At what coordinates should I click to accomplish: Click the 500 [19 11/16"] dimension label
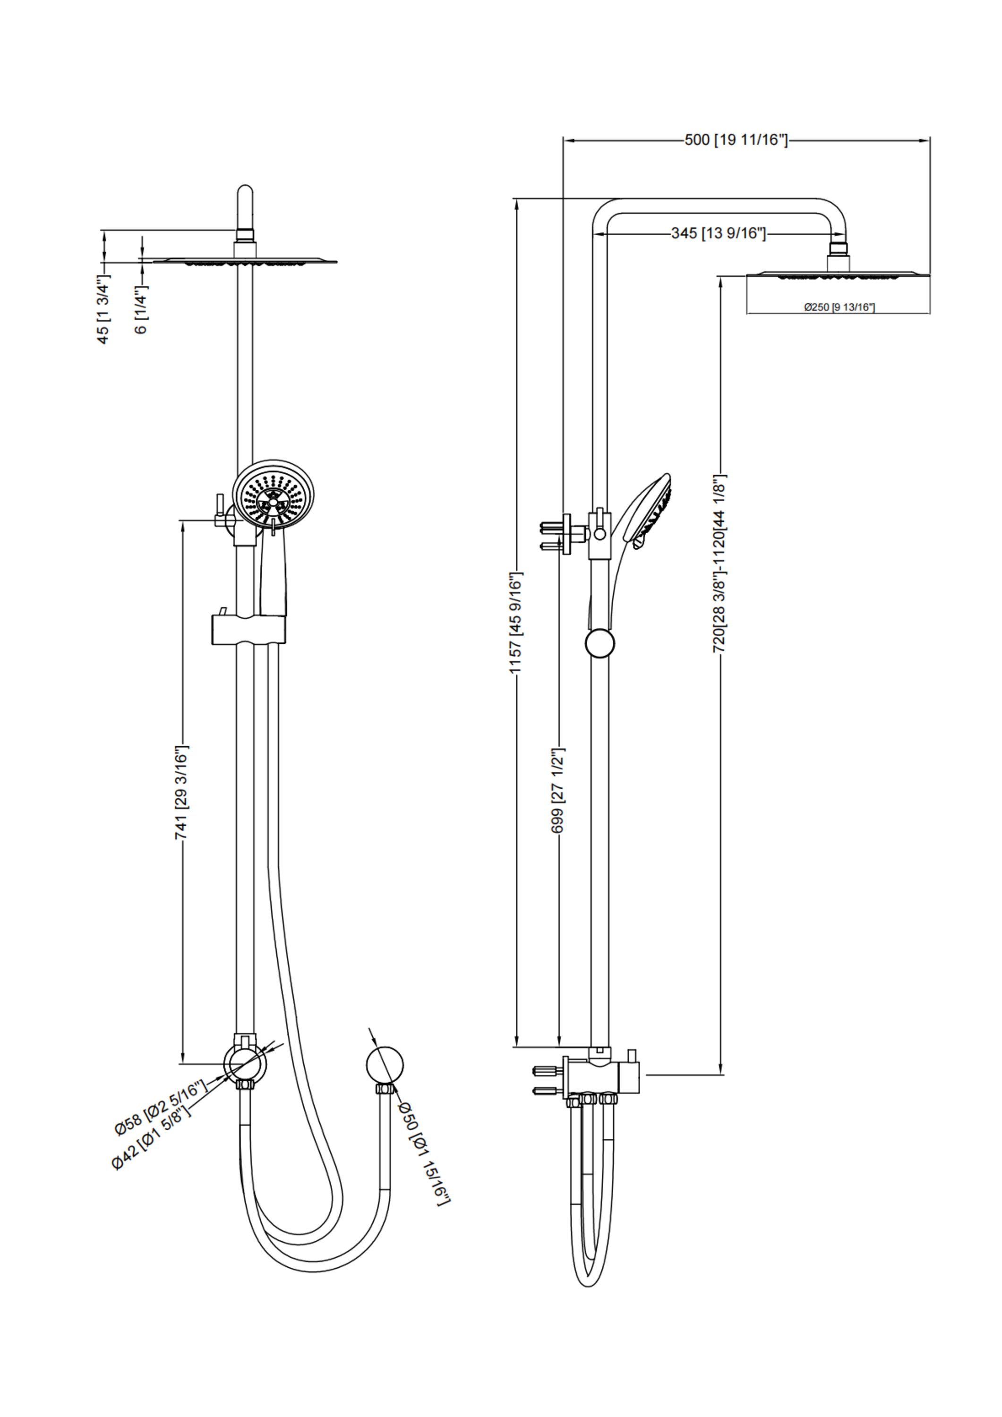pos(736,140)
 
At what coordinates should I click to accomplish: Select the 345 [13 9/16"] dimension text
pos(718,233)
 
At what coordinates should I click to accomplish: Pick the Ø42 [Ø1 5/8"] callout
pos(150,1135)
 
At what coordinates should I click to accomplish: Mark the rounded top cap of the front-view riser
pos(245,193)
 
